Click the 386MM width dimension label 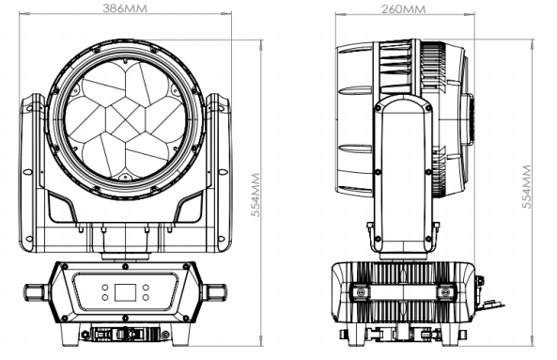pos(125,8)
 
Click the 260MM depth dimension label pos(403,8)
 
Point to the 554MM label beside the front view pos(255,195)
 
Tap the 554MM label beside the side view pos(527,186)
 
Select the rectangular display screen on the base pos(125,292)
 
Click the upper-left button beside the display pos(105,287)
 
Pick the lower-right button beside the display pos(146,297)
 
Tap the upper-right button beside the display pos(146,287)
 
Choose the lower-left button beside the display pos(105,297)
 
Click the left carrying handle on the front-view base pos(36,292)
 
